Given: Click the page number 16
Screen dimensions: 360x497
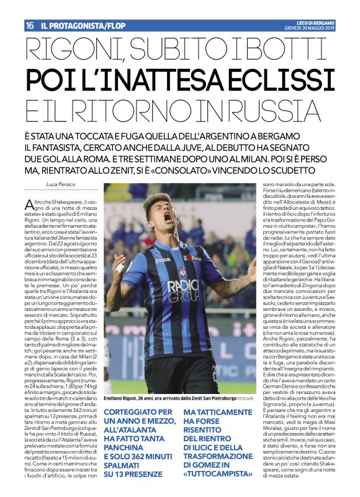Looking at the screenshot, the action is click(29, 25).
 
